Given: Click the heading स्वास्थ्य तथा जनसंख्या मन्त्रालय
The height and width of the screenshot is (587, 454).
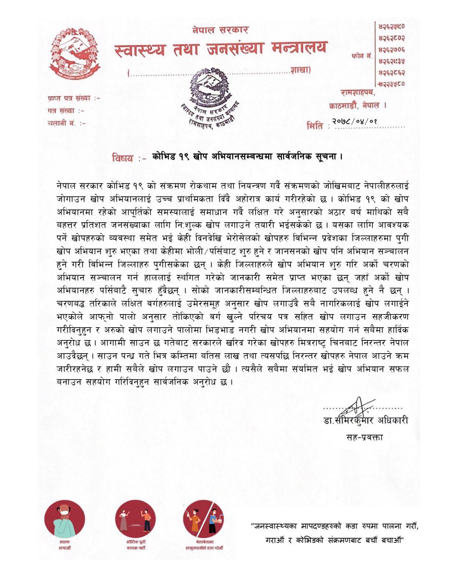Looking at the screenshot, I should point(220,49).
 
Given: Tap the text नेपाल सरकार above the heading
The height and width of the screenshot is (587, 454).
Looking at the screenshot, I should point(220,30).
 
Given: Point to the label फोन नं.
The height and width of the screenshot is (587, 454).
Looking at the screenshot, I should point(362,56).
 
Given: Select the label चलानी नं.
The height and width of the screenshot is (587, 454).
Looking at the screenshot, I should point(66,123).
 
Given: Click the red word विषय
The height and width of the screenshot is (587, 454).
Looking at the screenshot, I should point(124,158).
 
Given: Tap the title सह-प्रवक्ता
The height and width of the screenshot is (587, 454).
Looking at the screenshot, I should point(364,437).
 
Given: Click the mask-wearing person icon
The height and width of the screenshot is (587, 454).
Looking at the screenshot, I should point(65,519).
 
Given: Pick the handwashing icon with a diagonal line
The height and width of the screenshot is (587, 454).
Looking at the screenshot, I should point(203,519).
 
